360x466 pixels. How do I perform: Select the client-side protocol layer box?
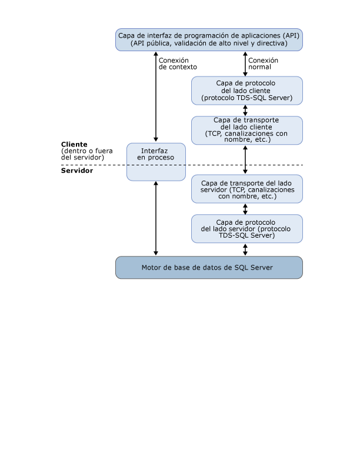[246, 91]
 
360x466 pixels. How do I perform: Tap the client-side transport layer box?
[246, 130]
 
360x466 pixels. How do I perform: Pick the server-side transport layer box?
[246, 189]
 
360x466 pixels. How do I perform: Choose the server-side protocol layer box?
[246, 228]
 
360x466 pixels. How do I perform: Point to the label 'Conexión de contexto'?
[178, 64]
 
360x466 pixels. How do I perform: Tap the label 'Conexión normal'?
[263, 64]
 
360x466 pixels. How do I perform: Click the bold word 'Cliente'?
[74, 144]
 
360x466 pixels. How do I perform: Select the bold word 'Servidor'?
[76, 171]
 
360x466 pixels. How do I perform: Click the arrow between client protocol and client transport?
[245, 111]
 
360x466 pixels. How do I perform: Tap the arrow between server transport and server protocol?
[245, 209]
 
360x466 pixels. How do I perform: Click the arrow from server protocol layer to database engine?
[245, 249]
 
